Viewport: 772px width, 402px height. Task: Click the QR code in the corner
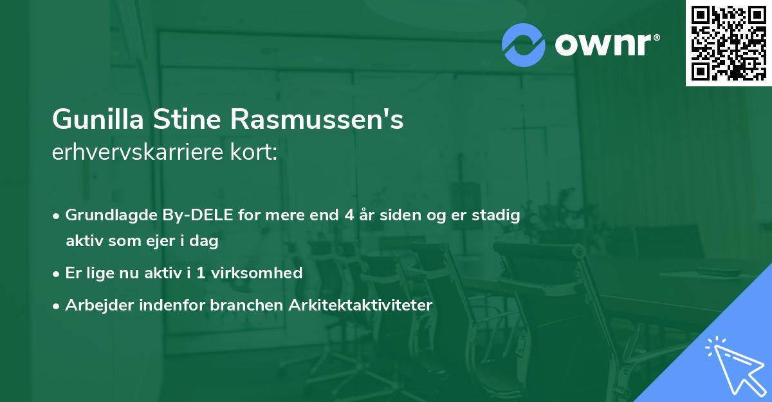[x=728, y=43]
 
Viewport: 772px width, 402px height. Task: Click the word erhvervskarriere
[x=138, y=153]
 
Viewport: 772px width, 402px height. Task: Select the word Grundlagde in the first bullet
[x=106, y=215]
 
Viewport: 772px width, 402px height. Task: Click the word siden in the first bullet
[x=400, y=215]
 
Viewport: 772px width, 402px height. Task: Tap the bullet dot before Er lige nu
[x=57, y=273]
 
